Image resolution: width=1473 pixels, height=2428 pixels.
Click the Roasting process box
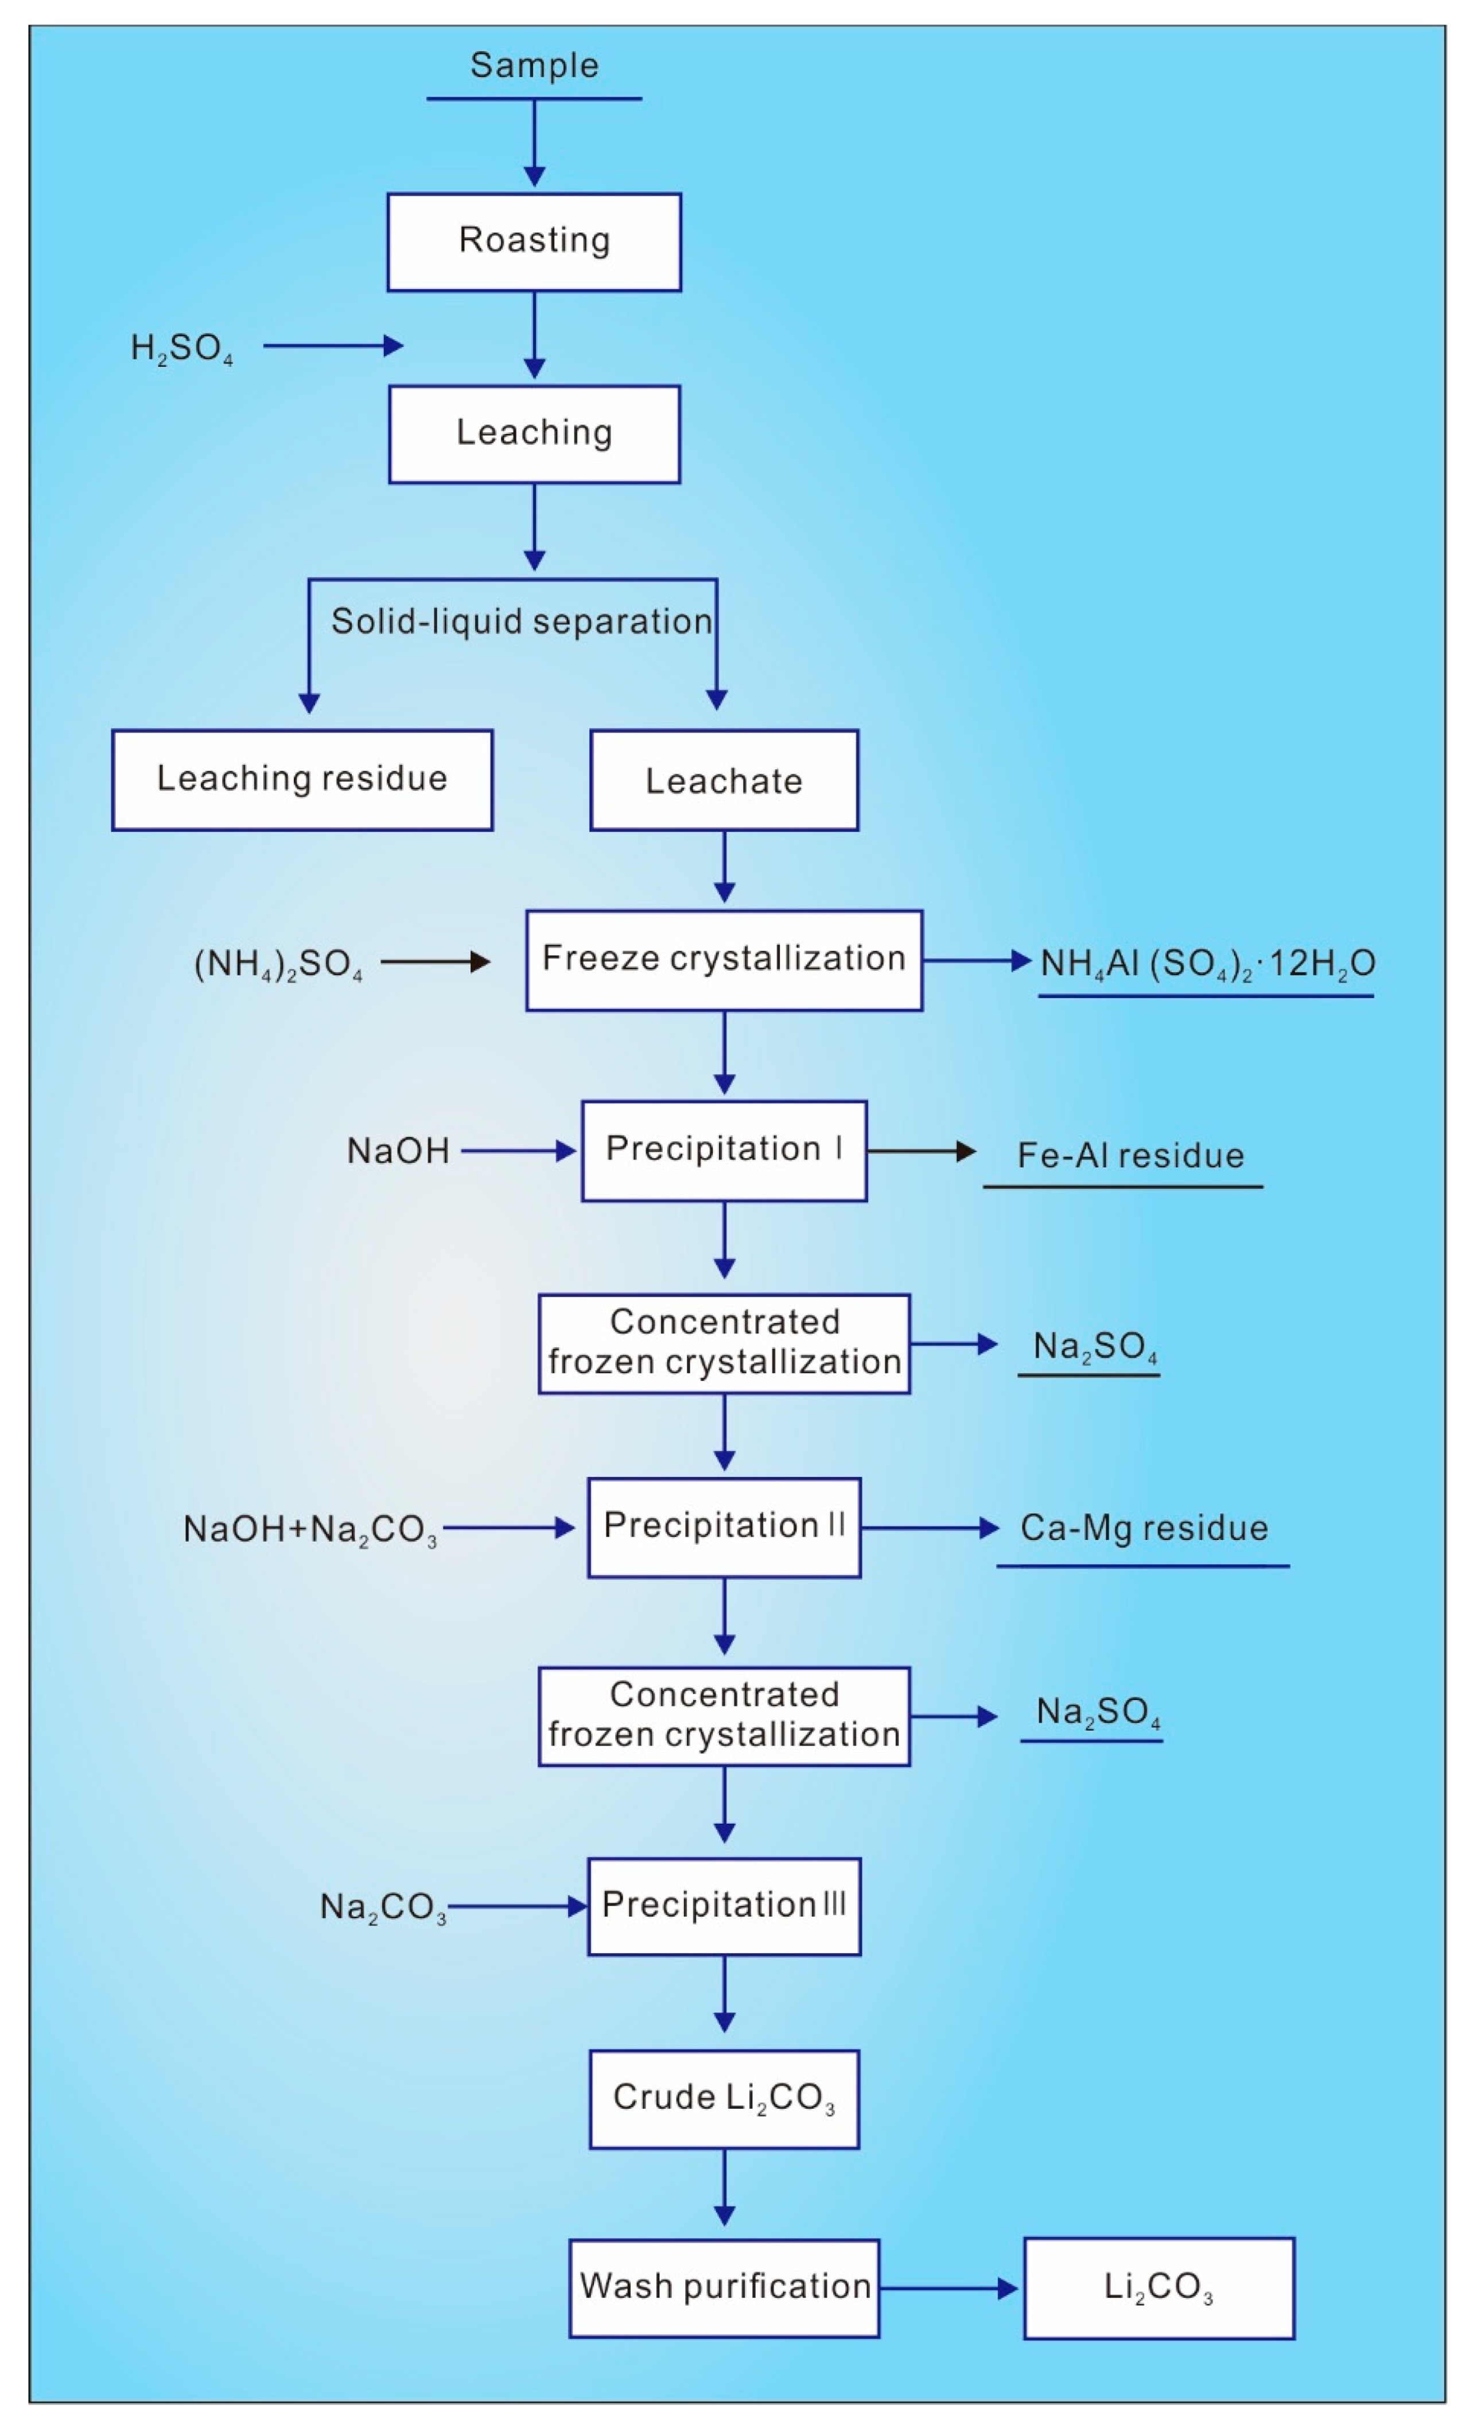(534, 242)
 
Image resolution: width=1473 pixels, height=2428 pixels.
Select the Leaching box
(534, 433)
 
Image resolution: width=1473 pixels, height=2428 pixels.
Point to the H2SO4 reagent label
(182, 348)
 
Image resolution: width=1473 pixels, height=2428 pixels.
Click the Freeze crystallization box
(724, 960)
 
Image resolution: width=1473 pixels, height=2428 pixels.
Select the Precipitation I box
(724, 1150)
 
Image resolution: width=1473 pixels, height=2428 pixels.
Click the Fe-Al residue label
(1130, 1155)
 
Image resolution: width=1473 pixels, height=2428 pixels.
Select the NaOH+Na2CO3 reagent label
(309, 1529)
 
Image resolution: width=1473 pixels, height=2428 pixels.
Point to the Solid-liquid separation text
(521, 622)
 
